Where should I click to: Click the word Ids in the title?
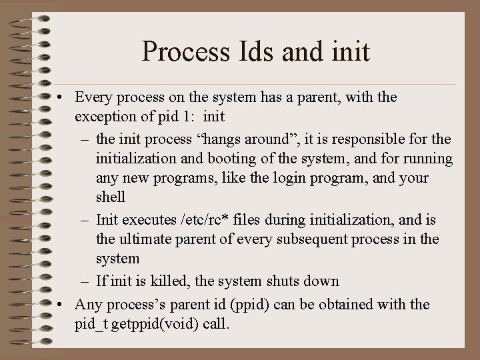tap(257, 51)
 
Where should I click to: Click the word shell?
tap(111, 198)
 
